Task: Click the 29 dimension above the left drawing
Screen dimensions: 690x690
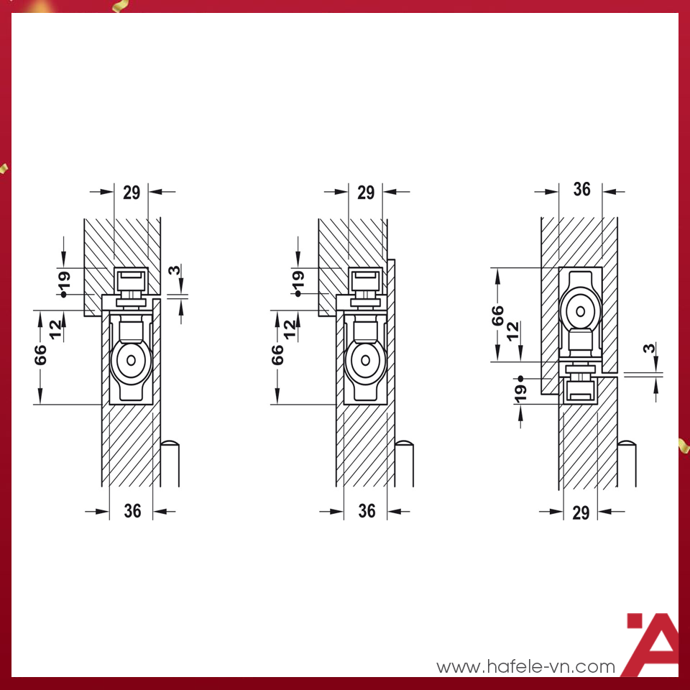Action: point(132,192)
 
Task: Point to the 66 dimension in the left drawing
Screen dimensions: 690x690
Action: point(41,354)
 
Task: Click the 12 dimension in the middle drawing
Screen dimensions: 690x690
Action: point(290,328)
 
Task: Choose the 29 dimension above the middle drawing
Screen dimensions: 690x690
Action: point(366,192)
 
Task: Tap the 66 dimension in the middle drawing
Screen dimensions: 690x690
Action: point(278,354)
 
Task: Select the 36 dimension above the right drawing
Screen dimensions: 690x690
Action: point(581,189)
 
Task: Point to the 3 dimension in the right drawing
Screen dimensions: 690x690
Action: point(649,349)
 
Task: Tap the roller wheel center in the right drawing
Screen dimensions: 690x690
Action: point(580,311)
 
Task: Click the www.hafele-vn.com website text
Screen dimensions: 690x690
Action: point(525,666)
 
